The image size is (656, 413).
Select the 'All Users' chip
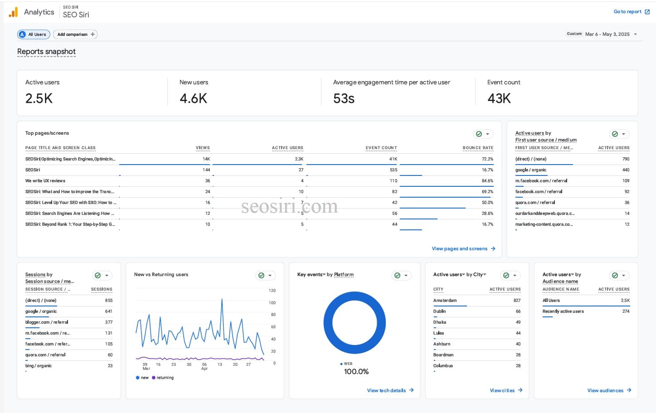(34, 34)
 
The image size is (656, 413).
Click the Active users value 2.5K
(39, 98)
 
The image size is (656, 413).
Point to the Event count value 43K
(499, 98)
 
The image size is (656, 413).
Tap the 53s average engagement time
(344, 98)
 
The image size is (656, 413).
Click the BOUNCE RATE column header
(477, 148)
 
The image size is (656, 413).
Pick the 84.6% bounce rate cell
(487, 181)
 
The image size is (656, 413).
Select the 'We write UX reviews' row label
(45, 181)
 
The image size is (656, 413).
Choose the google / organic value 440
(626, 170)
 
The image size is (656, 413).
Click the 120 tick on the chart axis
(272, 291)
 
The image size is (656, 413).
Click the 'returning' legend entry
(164, 378)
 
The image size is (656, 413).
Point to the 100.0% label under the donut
(356, 372)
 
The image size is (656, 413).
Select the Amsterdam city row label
(445, 301)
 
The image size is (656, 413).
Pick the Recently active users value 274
(626, 311)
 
